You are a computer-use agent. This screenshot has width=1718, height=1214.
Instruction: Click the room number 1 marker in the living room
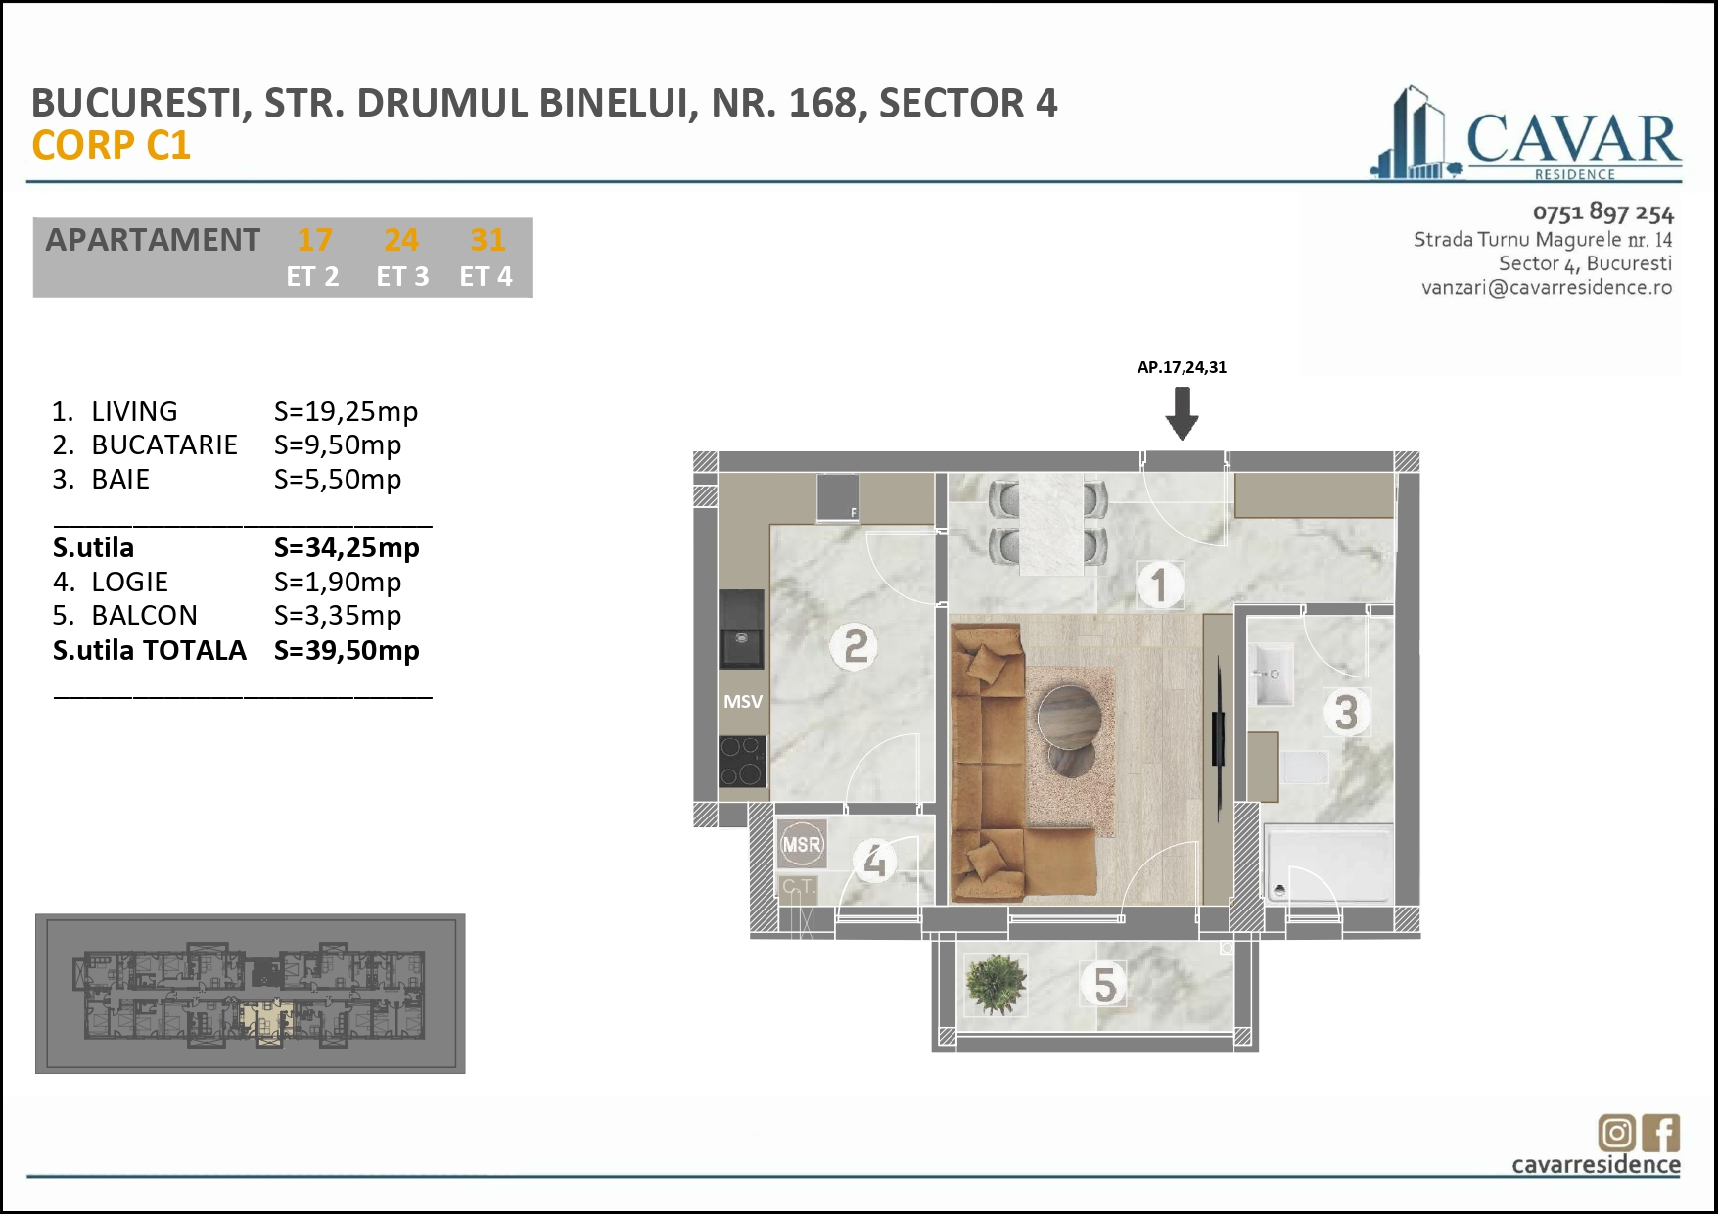tap(1160, 585)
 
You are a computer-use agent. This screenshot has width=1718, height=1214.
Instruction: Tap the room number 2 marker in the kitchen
tap(855, 647)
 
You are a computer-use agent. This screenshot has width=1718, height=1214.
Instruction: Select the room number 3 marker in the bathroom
tap(1346, 713)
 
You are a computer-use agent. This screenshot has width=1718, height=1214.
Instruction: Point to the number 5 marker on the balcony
tap(1104, 985)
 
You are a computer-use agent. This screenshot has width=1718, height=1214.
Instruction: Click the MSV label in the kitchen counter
tap(743, 702)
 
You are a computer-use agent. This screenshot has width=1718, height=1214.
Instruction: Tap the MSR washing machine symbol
tap(802, 844)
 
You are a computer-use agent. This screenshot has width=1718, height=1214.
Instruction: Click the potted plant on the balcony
tap(996, 983)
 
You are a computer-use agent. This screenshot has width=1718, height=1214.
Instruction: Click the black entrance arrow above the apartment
tap(1182, 412)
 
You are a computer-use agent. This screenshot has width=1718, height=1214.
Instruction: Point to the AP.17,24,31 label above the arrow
tap(1182, 368)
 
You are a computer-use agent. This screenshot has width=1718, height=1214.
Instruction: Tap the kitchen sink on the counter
tap(742, 647)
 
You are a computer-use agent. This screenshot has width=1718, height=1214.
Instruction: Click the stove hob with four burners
tap(742, 761)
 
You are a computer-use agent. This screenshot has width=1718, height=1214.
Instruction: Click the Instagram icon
tap(1616, 1133)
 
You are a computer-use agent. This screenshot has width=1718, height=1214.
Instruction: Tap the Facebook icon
tap(1662, 1133)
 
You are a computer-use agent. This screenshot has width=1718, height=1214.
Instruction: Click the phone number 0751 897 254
tap(1602, 212)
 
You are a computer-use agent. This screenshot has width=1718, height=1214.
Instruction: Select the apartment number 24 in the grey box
tap(401, 240)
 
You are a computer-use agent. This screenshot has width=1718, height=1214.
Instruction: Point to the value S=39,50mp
tap(347, 651)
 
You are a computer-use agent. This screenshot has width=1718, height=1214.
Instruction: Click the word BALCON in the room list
tap(144, 616)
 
